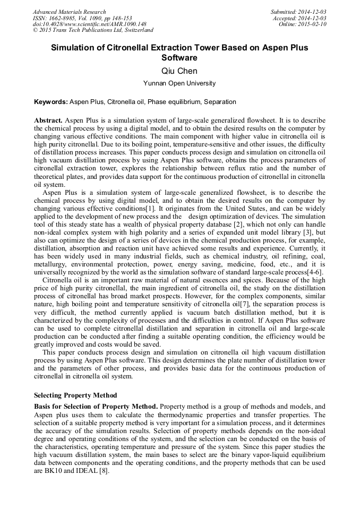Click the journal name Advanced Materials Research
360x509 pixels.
click(69, 12)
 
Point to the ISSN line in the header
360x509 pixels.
click(82, 18)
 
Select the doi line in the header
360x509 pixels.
click(82, 24)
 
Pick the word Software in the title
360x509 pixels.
click(179, 58)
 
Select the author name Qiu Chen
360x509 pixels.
click(179, 71)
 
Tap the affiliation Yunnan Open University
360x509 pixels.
click(179, 83)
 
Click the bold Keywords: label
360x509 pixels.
click(51, 101)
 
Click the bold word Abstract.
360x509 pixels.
click(48, 120)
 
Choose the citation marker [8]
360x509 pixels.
click(103, 470)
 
